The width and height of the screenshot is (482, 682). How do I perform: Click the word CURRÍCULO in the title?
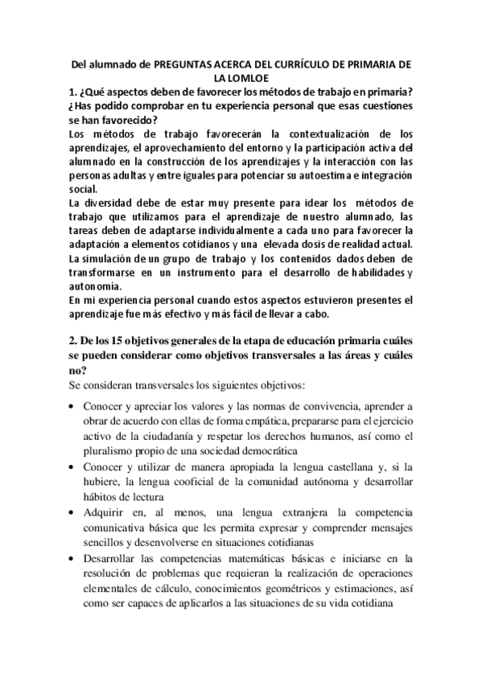pos(310,64)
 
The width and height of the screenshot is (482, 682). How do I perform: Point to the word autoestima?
pos(285,175)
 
